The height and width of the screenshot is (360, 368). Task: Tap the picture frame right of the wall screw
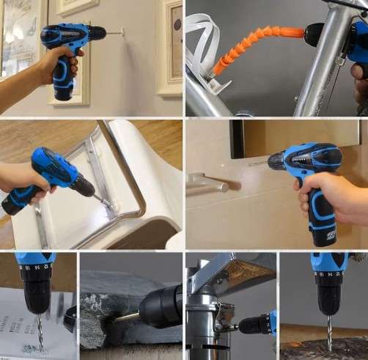[x=169, y=51]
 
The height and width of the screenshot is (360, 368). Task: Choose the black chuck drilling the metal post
[x=253, y=323]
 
